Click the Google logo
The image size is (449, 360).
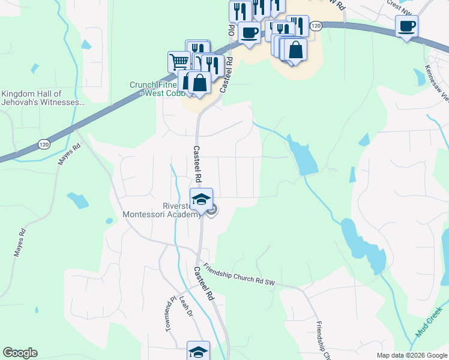click(20, 353)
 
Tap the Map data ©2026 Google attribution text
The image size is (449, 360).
click(412, 355)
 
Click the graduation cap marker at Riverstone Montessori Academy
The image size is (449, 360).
click(201, 199)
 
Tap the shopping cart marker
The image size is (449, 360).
click(178, 61)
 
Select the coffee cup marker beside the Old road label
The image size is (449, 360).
click(249, 32)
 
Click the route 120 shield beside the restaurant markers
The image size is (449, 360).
click(317, 26)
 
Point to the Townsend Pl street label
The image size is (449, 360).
click(169, 314)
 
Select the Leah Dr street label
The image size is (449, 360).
click(183, 310)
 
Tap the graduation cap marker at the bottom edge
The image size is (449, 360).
click(199, 352)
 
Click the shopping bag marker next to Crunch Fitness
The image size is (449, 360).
click(199, 83)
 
